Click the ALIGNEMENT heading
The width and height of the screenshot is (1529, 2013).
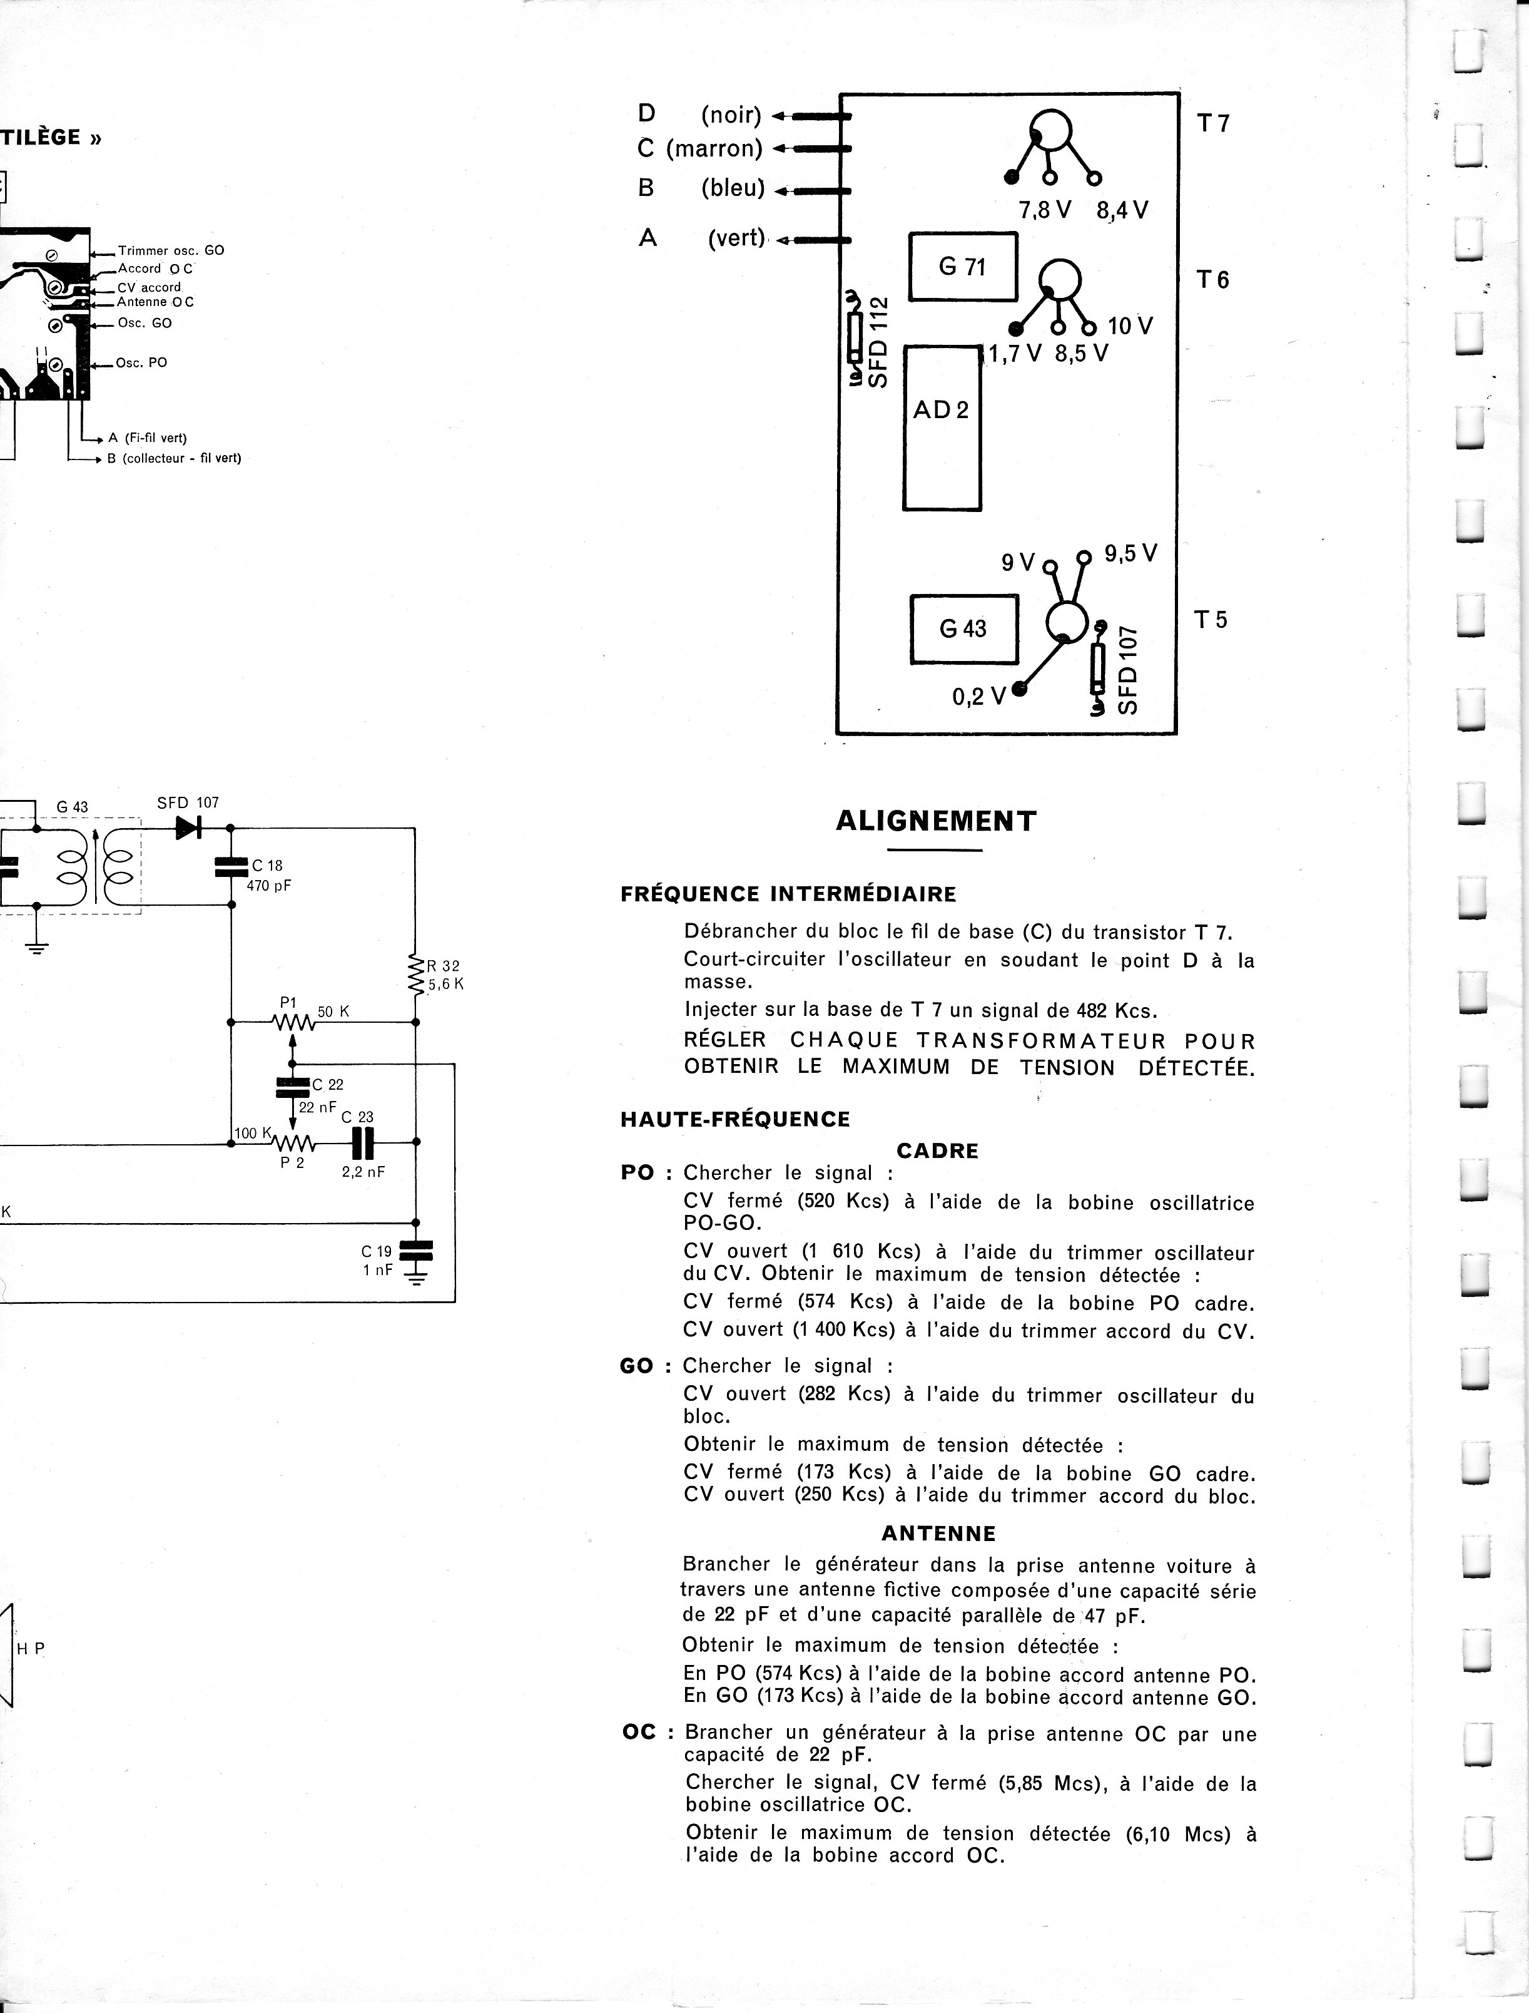click(935, 821)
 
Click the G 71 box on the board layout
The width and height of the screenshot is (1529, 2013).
click(963, 267)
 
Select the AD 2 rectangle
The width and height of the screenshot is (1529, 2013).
click(941, 427)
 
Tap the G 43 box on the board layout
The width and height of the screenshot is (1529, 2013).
click(963, 629)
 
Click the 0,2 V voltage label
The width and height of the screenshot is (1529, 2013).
click(978, 697)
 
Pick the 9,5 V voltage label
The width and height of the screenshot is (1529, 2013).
click(1130, 553)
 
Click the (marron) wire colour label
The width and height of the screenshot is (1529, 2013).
click(714, 148)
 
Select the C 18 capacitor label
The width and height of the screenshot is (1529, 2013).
click(268, 866)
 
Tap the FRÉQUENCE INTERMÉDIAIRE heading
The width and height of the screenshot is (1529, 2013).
click(788, 894)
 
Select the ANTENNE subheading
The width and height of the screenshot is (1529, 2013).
click(938, 1533)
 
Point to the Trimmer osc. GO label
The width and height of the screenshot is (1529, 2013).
click(171, 250)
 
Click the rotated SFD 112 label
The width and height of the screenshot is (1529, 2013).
click(878, 342)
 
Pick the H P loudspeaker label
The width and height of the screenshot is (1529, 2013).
click(31, 1648)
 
